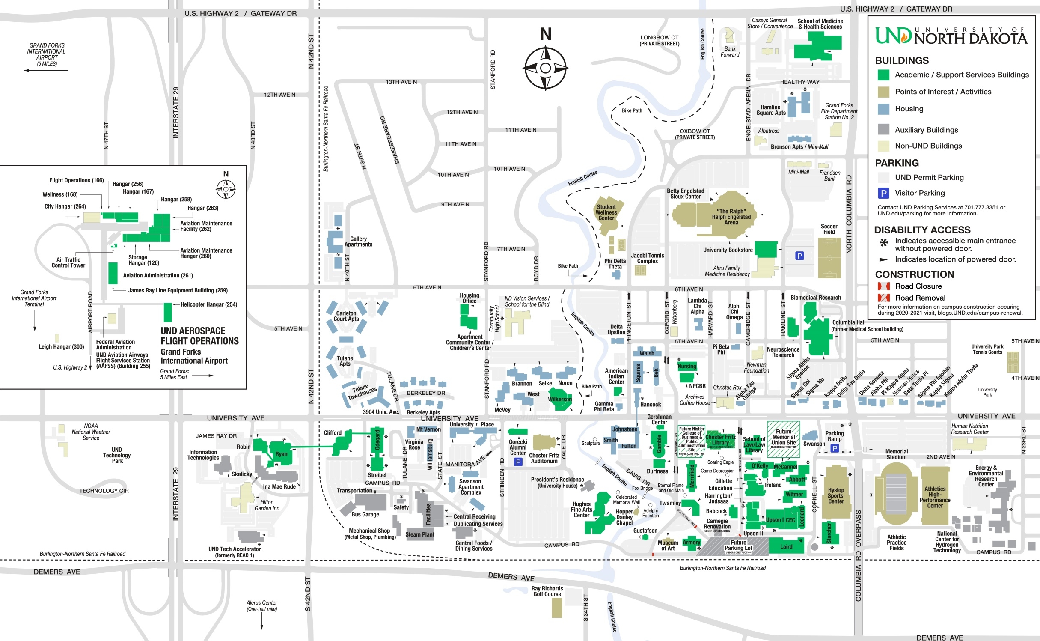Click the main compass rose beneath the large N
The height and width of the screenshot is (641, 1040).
pyautogui.click(x=545, y=68)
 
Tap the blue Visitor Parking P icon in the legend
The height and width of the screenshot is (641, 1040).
pyautogui.click(x=883, y=193)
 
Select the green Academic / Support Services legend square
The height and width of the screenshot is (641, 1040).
pyautogui.click(x=883, y=75)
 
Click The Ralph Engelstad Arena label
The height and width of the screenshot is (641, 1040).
pyautogui.click(x=731, y=217)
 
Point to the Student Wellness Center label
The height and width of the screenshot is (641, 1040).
pyautogui.click(x=606, y=212)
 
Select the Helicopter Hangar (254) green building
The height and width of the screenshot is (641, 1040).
pyautogui.click(x=168, y=312)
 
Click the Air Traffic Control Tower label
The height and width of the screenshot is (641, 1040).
pyautogui.click(x=68, y=262)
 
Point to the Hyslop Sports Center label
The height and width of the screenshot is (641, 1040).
pyautogui.click(x=835, y=496)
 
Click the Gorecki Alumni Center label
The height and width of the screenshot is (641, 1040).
pyautogui.click(x=518, y=447)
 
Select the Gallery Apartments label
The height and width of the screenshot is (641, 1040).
pyautogui.click(x=358, y=242)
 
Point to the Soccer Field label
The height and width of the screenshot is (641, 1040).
pyautogui.click(x=829, y=229)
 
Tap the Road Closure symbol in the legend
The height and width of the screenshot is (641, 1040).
pyautogui.click(x=883, y=286)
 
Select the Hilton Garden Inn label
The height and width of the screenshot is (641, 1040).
pyautogui.click(x=267, y=505)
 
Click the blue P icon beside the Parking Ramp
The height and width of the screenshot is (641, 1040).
pyautogui.click(x=834, y=448)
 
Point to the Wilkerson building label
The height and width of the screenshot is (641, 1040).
pyautogui.click(x=559, y=399)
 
